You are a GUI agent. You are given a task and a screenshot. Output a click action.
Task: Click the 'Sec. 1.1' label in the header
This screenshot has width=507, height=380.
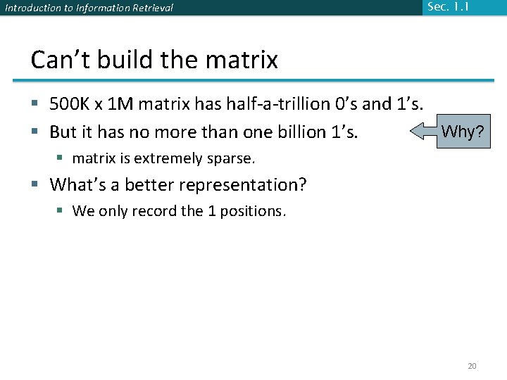click(447, 7)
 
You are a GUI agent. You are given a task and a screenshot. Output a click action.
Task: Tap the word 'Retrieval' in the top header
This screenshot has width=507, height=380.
click(149, 8)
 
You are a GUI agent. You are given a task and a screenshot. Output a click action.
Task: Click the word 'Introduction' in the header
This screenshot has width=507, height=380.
click(31, 8)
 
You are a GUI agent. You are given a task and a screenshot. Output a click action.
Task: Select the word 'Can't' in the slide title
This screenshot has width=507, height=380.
click(55, 60)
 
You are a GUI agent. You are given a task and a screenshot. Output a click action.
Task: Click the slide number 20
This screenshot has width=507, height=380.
click(472, 366)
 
